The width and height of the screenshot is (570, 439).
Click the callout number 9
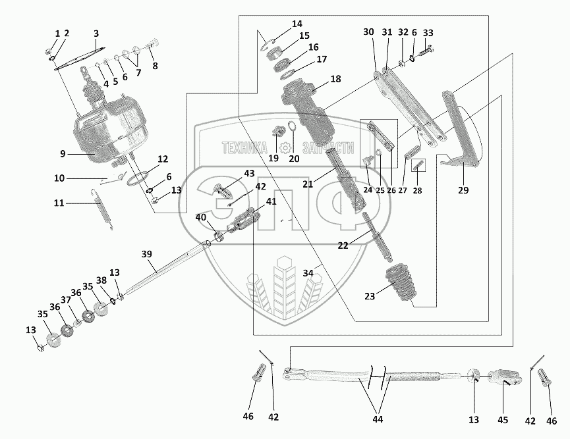pos(63,154)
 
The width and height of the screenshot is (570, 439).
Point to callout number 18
pos(335,79)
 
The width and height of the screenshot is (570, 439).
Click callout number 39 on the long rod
pos(146,254)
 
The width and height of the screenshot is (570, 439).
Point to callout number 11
pos(59,203)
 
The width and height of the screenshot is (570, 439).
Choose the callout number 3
pos(96,34)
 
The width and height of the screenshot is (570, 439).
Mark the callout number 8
pos(156,66)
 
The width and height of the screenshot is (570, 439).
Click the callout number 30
pos(368,32)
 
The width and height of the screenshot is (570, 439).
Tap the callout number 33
pos(428,34)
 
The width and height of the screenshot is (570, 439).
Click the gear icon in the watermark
pos(286,148)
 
